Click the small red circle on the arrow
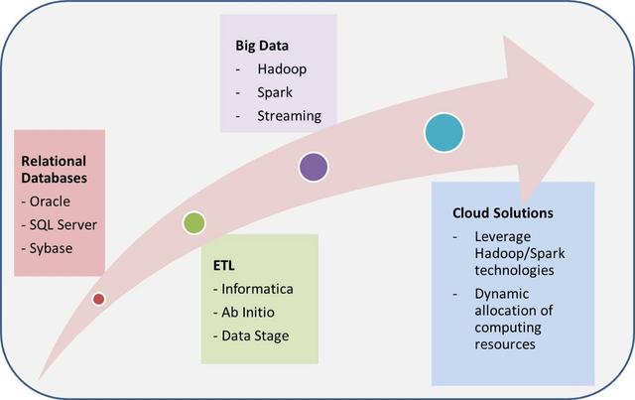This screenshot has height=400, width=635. click(98, 299)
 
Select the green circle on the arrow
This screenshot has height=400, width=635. click(194, 222)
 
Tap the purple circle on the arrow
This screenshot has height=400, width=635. click(314, 167)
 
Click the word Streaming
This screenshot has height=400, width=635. click(291, 115)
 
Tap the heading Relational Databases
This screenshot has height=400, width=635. click(54, 170)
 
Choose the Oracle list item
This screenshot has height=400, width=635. click(51, 201)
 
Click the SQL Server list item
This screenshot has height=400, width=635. click(63, 224)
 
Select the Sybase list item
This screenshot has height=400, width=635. click(52, 247)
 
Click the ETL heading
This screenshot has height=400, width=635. click(224, 266)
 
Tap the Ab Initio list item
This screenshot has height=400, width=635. click(248, 312)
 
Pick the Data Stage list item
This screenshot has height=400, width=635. click(256, 335)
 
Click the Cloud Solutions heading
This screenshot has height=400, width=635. click(503, 213)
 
